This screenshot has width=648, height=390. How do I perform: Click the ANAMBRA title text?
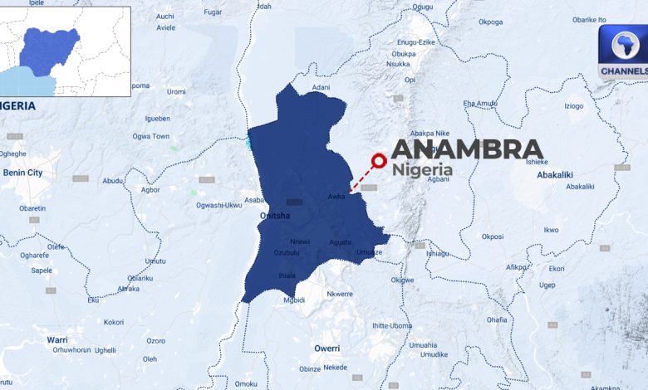[466, 149]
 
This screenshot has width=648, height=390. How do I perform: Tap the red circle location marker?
[380, 162]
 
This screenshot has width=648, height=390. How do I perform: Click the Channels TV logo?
[623, 51]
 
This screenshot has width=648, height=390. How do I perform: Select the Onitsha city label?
[275, 216]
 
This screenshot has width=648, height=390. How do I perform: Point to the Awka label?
[336, 197]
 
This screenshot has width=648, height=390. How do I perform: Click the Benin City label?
[23, 173]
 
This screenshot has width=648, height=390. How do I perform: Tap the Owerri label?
[326, 348]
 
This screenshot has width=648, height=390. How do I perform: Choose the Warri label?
[57, 340]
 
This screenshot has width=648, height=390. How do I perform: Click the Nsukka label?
[399, 64]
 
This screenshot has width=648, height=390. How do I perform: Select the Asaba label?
[253, 200]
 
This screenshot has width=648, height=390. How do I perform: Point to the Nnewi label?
[300, 241]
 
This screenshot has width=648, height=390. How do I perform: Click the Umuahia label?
[423, 345]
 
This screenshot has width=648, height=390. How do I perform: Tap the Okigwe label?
[403, 280]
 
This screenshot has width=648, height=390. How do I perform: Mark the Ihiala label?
[287, 275]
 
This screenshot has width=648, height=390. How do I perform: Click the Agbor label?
[150, 189]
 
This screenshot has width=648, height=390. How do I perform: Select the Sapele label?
[42, 271]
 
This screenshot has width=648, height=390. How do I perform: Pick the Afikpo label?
[517, 267]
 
